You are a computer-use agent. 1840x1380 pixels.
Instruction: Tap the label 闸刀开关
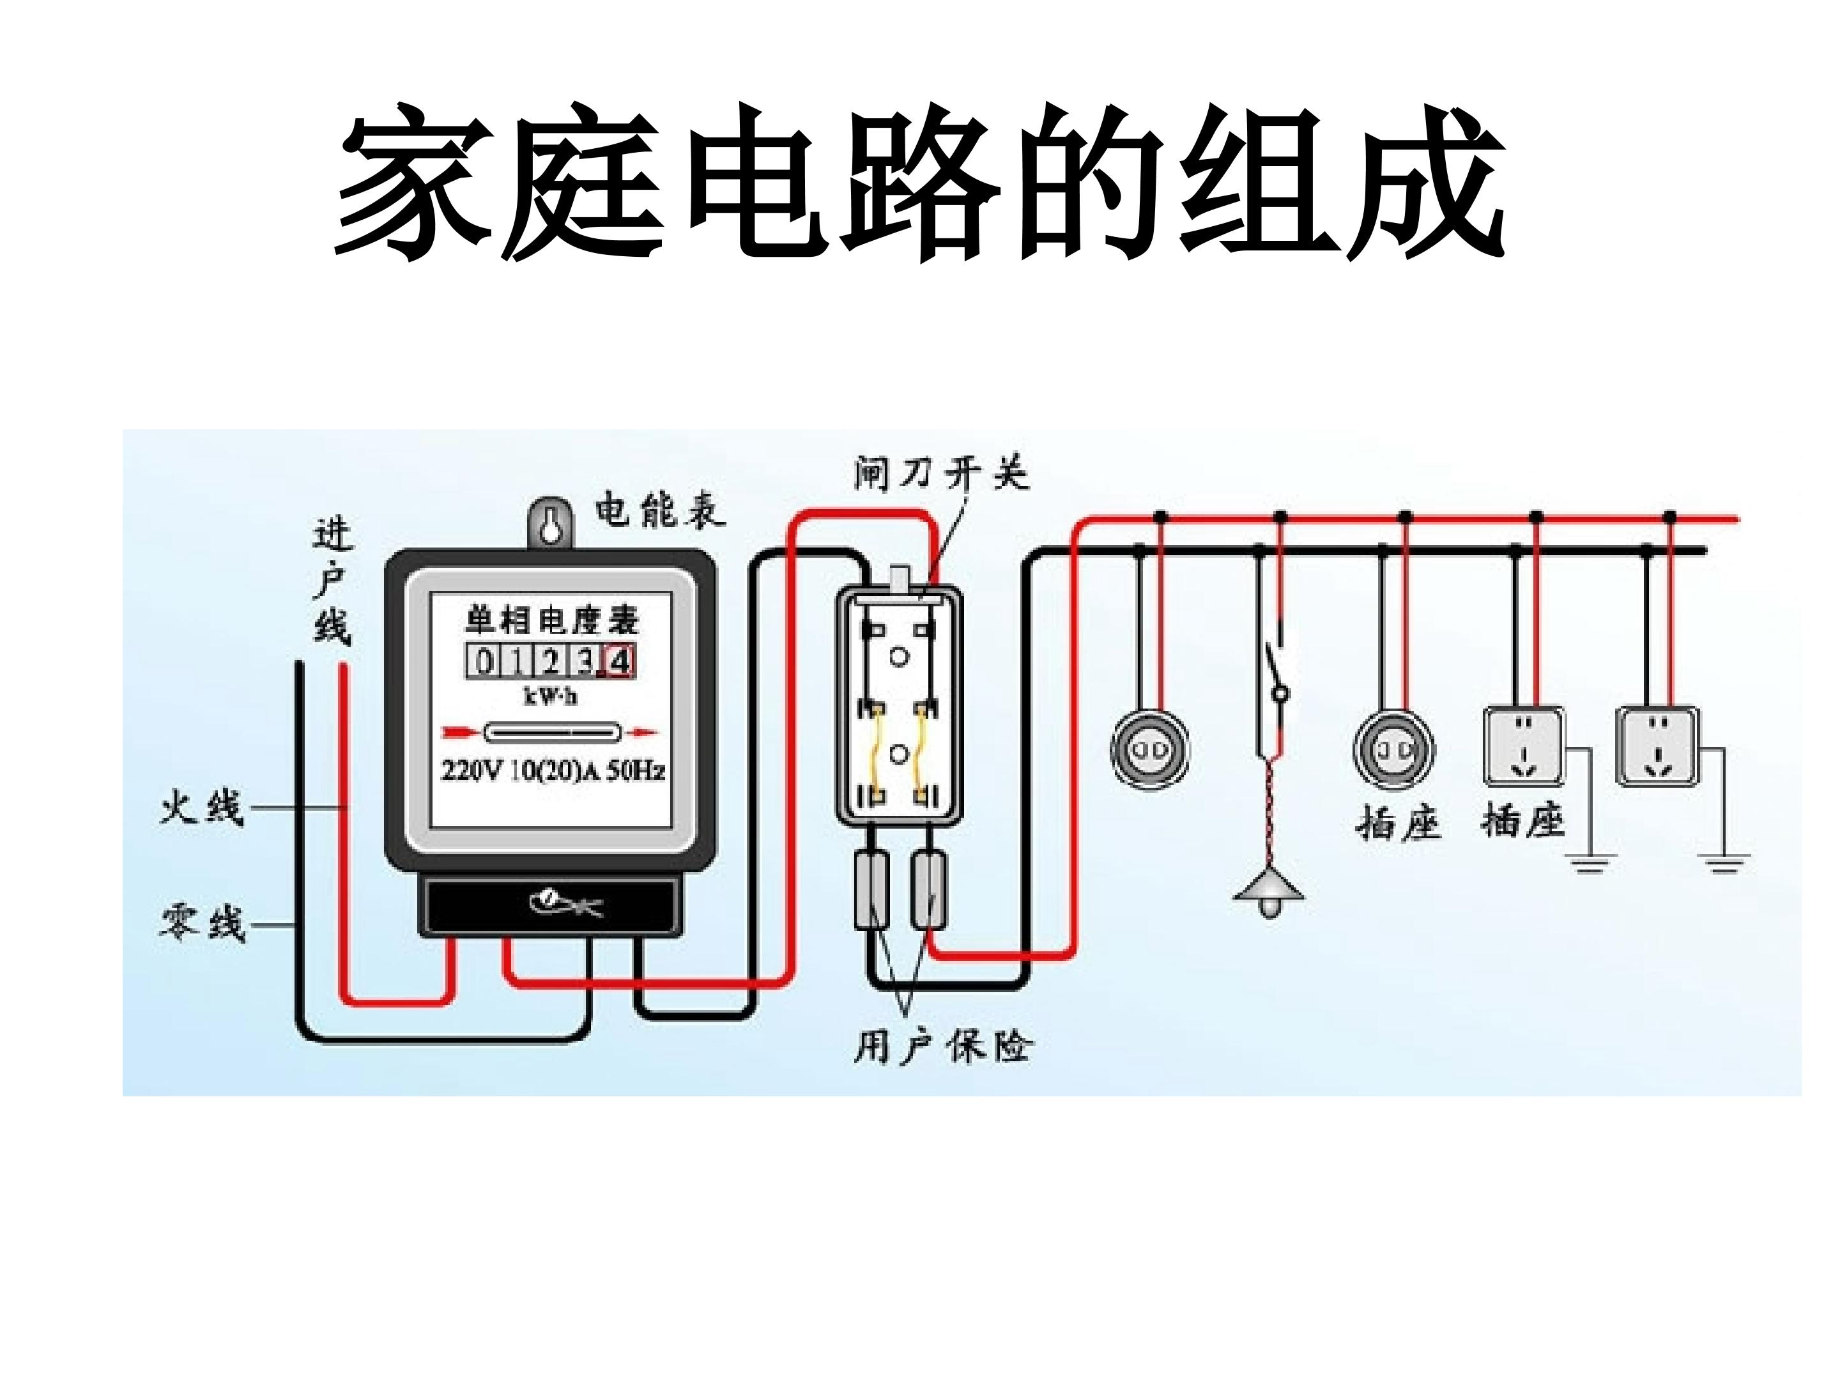pyautogui.click(x=942, y=474)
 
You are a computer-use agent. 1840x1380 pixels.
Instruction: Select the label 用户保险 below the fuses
pyautogui.click(x=942, y=1046)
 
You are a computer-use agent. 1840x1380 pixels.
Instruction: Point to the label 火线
pyautogui.click(x=201, y=808)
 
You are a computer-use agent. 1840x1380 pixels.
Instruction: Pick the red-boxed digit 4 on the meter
pyautogui.click(x=620, y=662)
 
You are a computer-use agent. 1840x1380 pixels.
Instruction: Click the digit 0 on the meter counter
pyautogui.click(x=482, y=662)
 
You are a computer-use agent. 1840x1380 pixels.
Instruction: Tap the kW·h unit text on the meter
pyautogui.click(x=550, y=695)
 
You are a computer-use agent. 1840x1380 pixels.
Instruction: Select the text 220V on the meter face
pyautogui.click(x=471, y=771)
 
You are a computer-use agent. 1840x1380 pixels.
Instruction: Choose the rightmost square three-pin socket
pyautogui.click(x=1657, y=747)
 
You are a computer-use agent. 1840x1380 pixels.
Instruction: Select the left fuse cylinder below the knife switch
pyautogui.click(x=871, y=889)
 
